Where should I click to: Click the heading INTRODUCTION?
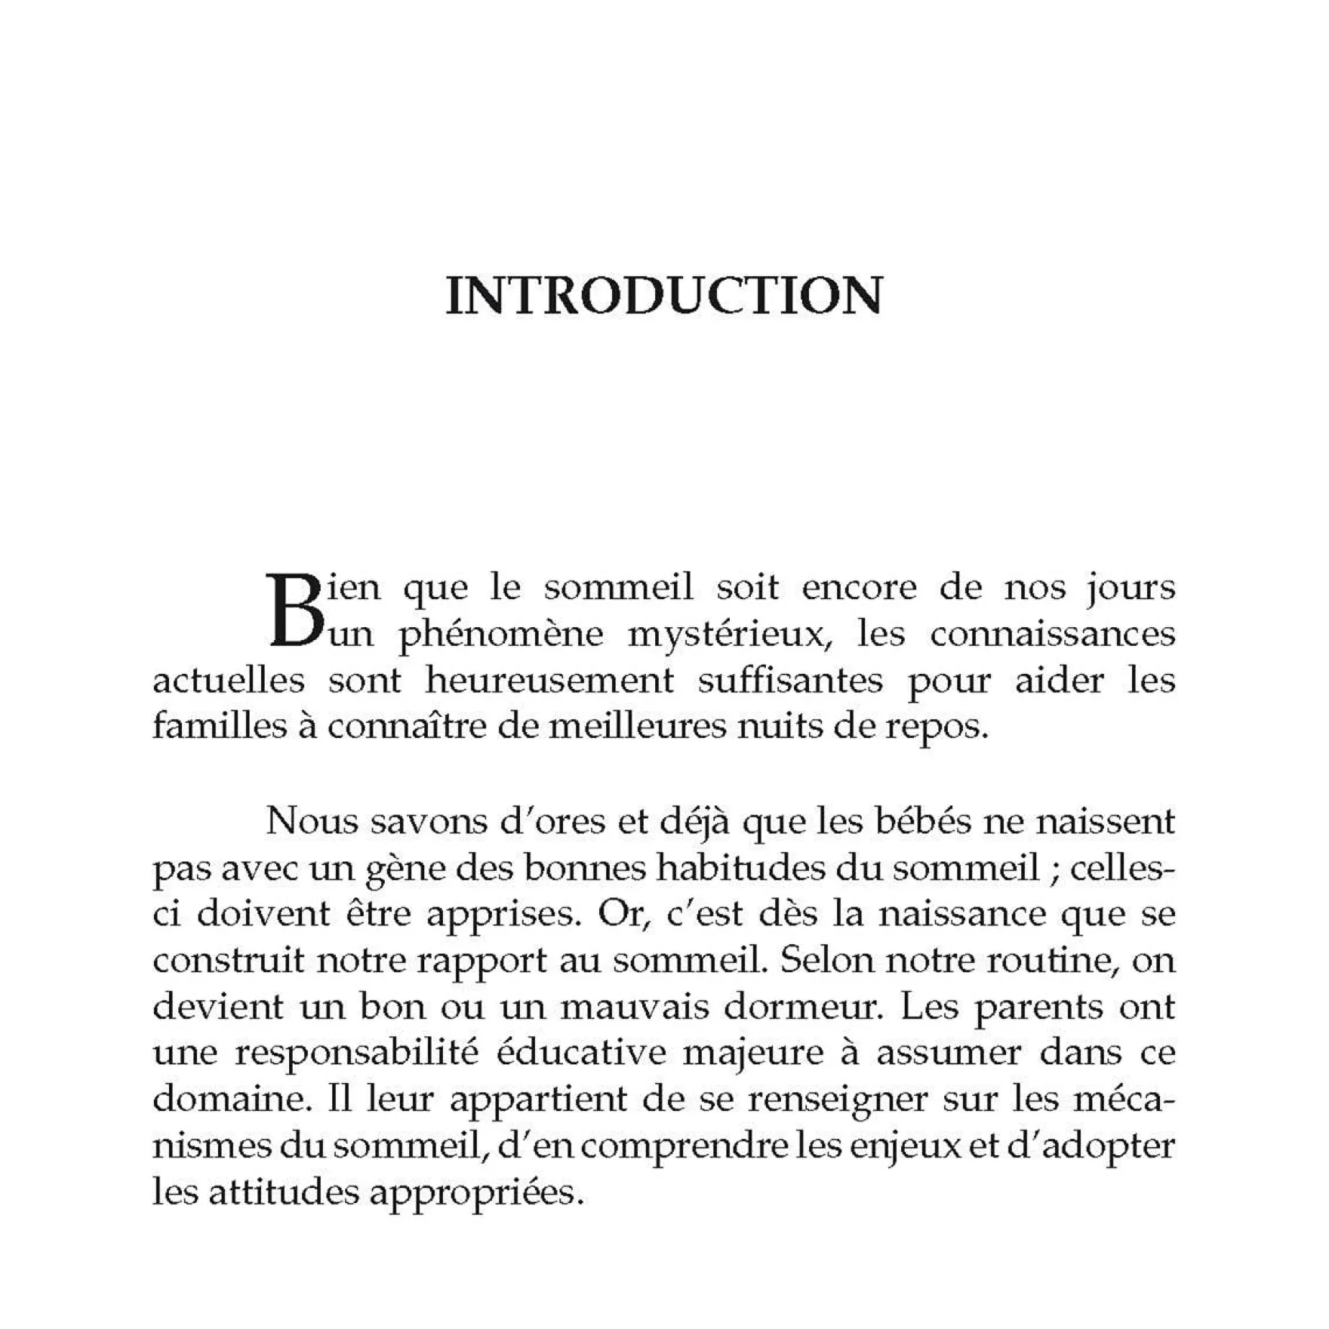664,296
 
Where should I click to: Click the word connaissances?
1052,634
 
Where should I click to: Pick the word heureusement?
549,680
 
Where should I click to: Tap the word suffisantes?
790,680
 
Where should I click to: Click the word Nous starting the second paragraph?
311,821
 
